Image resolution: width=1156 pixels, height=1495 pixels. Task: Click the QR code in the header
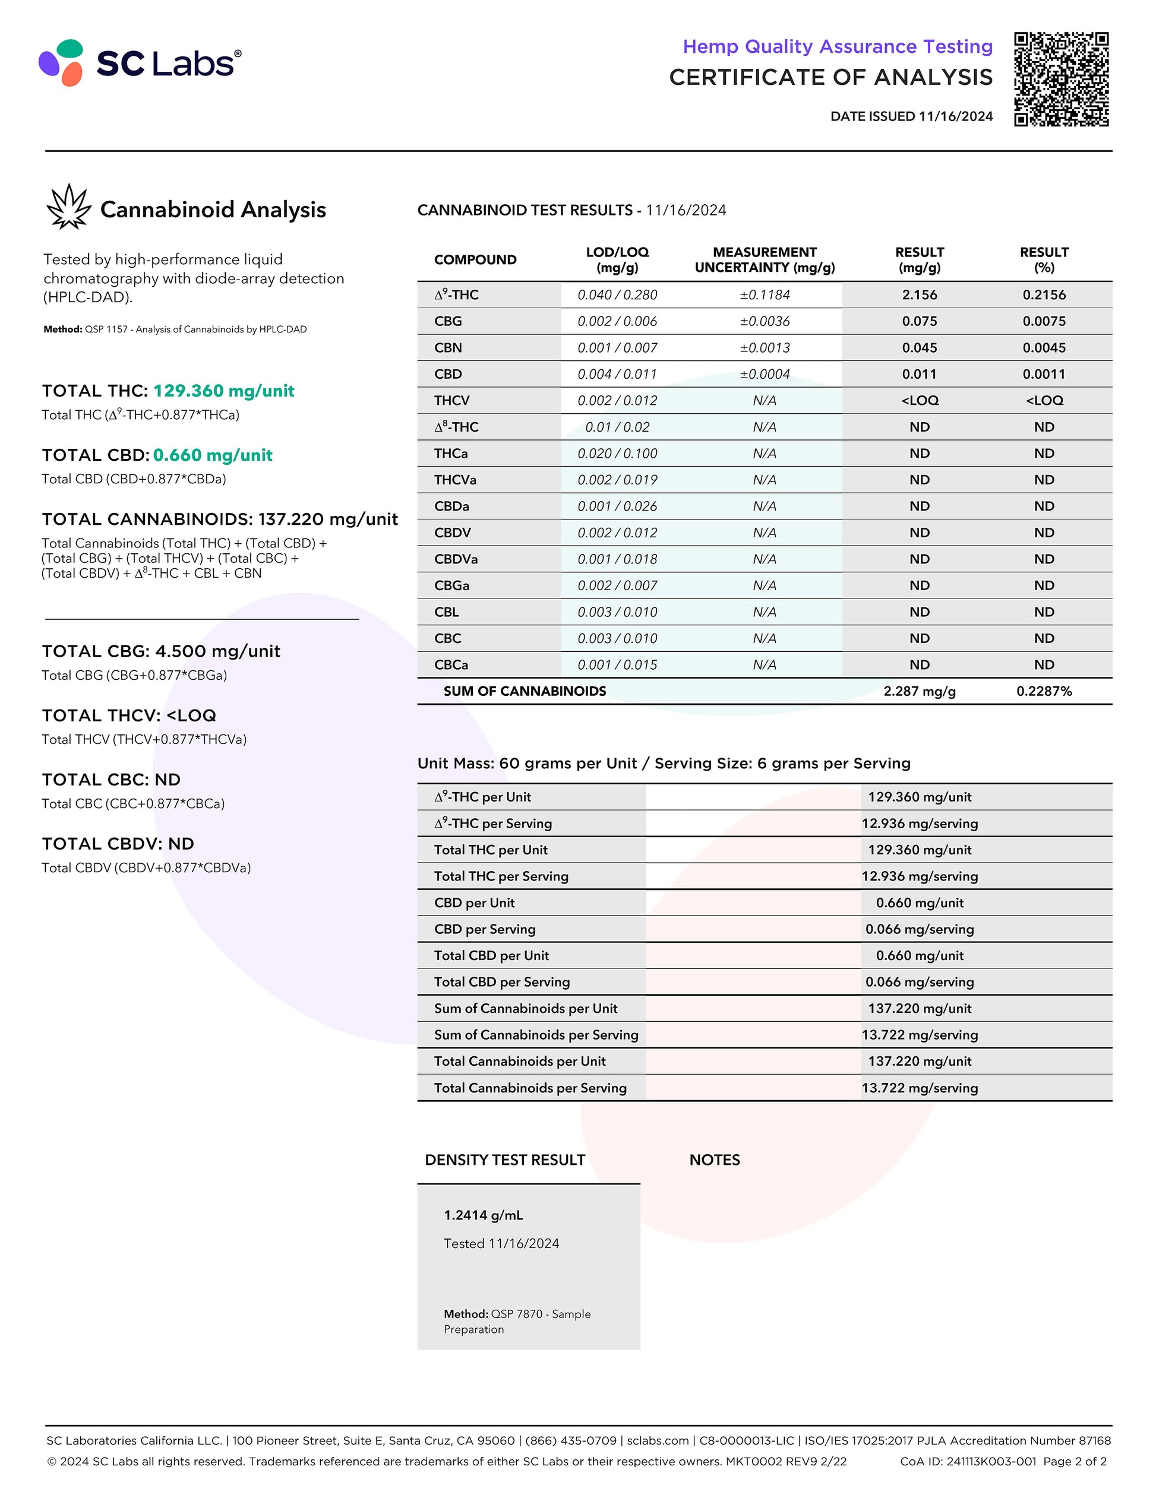1061,79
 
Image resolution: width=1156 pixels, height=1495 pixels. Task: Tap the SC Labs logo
140,63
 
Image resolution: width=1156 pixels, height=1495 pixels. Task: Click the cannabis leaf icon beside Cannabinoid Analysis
68,207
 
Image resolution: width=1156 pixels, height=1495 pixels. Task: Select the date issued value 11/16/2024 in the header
955,116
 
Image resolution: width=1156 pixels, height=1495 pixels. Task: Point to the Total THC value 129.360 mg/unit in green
223,391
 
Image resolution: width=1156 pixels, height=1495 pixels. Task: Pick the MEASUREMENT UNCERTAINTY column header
765,260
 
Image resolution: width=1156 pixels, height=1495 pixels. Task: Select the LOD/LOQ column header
617,260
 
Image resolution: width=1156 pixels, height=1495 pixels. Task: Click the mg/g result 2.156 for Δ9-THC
919,295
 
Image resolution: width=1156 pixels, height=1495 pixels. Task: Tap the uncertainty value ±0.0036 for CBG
765,322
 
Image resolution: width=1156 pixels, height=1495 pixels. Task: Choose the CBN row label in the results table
448,348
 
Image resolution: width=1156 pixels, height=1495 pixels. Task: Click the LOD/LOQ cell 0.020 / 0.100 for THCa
617,454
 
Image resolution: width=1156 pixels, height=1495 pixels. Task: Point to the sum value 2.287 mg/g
919,691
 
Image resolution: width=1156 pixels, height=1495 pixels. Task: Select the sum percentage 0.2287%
1044,691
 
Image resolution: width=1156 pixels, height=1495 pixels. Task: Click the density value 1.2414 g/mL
484,1215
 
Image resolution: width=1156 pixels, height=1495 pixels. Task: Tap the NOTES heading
714,1160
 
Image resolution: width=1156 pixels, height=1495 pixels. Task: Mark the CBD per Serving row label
485,930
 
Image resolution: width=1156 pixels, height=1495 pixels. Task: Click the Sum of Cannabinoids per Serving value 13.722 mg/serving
919,1035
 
